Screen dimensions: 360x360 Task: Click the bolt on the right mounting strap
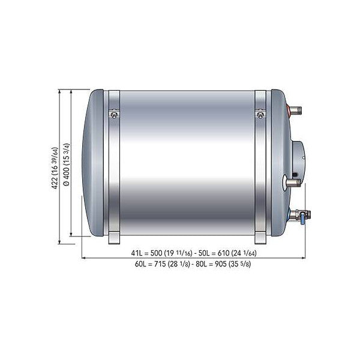tap(260, 113)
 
